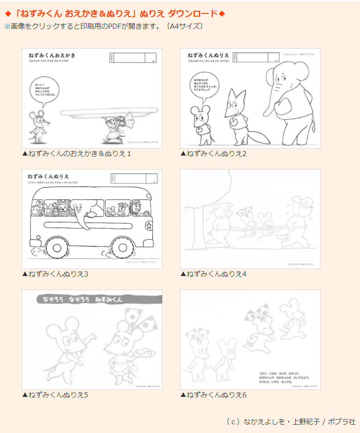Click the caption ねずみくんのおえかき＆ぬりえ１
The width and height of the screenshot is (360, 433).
(77, 153)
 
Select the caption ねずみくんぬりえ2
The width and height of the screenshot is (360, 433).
(213, 153)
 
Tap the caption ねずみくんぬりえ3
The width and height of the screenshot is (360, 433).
(55, 274)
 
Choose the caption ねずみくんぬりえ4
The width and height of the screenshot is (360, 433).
(213, 274)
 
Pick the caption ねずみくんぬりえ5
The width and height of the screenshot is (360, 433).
(55, 395)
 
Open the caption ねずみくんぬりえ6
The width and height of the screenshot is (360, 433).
(213, 395)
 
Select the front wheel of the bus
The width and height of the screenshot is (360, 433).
(122, 248)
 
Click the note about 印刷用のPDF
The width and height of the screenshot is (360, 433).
(104, 26)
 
